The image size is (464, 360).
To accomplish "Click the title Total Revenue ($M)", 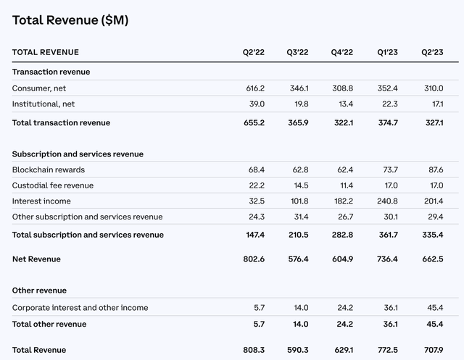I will pos(70,20).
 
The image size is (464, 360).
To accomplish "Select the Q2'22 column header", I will pos(253,52).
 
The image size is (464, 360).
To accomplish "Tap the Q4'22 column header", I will pos(342,52).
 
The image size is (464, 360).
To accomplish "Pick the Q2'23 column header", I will pos(434,52).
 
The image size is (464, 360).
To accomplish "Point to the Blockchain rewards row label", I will pos(48,169).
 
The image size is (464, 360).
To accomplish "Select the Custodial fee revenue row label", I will pos(53,185).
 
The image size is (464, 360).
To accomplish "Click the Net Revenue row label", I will pos(36,259).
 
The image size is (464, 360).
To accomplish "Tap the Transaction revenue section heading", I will pos(51,72).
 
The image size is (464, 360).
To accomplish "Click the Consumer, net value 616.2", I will pos(254,88).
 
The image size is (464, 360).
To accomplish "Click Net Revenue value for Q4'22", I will pos(343,259).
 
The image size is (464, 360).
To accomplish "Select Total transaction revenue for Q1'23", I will pos(389,123).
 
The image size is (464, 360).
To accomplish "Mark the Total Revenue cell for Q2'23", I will pos(434,350).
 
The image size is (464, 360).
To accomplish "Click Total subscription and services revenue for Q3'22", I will pos(298,235).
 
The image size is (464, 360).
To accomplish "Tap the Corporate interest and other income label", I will pos(80,308).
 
